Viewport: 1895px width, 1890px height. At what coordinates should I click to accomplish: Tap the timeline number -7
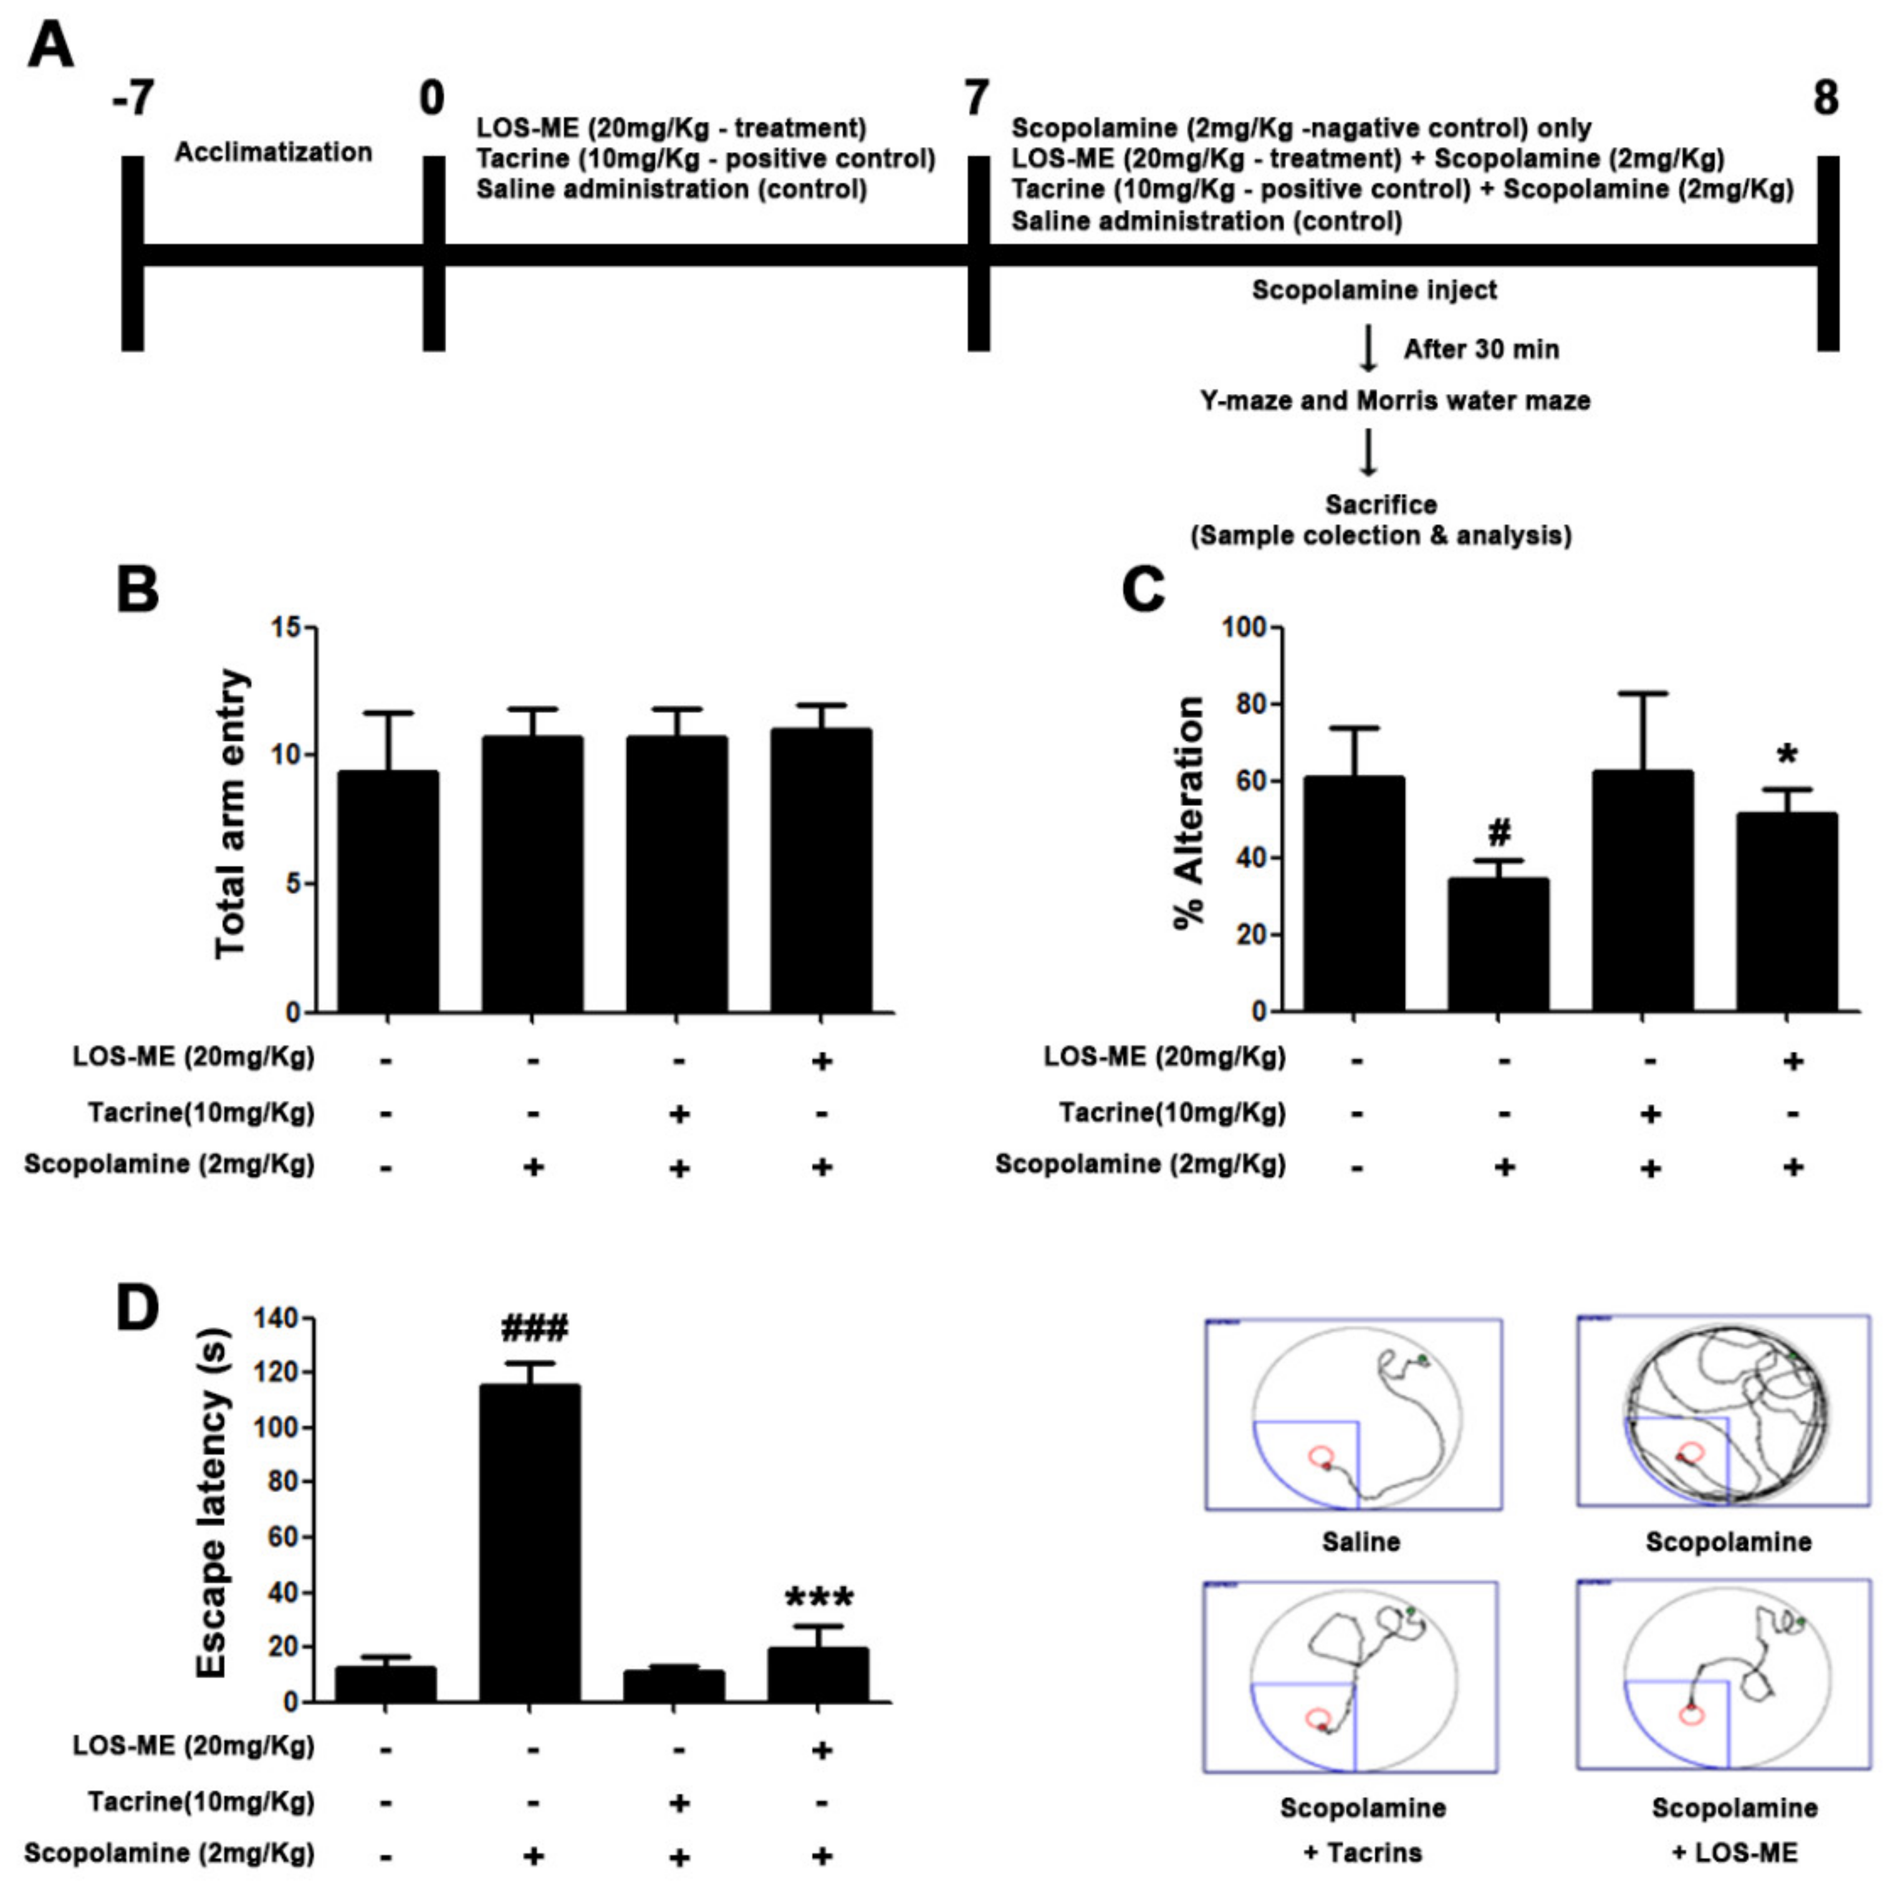pos(132,98)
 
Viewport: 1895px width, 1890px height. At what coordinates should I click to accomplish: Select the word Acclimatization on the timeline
pos(274,152)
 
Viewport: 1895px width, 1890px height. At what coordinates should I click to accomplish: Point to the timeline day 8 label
pos(1825,98)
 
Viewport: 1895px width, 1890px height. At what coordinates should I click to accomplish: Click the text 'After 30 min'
pos(1481,349)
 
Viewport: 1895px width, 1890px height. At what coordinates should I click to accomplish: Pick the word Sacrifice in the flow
pos(1381,504)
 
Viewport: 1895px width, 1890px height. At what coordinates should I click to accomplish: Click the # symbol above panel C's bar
pos(1499,833)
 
